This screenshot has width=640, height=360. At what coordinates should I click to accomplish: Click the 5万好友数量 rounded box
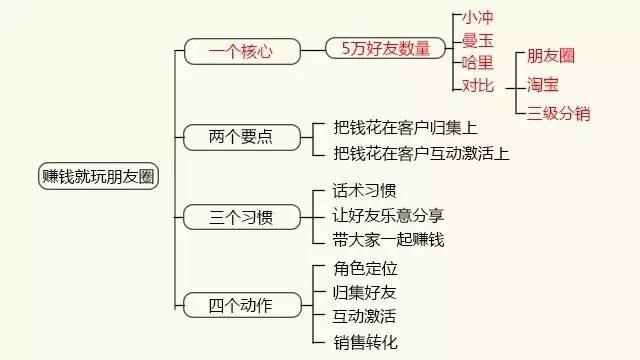(385, 48)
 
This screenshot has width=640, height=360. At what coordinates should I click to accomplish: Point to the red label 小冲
(477, 18)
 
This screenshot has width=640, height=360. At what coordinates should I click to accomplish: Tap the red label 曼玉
(477, 41)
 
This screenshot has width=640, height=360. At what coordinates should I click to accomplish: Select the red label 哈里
(477, 63)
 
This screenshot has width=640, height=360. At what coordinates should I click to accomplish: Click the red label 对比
(477, 86)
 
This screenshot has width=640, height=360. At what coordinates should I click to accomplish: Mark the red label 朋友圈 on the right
(551, 56)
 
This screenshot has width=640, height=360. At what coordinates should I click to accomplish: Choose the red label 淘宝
(543, 85)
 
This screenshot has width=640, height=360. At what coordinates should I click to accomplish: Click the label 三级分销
(558, 113)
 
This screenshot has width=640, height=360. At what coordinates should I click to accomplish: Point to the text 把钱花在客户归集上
(405, 128)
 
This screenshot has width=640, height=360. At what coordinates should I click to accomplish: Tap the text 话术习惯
(364, 190)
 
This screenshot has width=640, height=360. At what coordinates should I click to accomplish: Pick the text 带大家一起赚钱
(388, 239)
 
